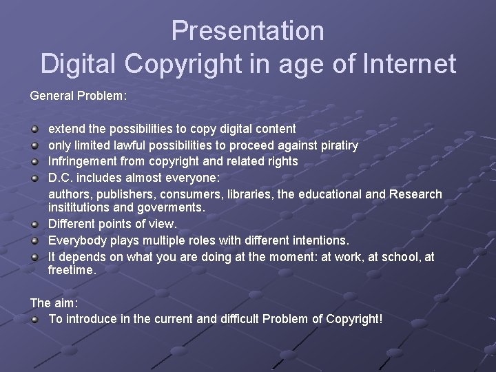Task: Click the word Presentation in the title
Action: coord(248,30)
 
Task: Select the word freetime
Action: coord(72,270)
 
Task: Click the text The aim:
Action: coord(54,302)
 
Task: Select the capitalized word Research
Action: coord(415,194)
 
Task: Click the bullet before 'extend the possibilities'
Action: coord(34,129)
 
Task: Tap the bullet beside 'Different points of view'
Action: coord(34,224)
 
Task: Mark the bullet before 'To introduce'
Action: coord(34,320)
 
